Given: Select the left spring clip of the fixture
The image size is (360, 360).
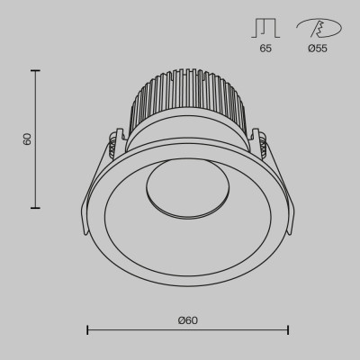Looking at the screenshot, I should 113,147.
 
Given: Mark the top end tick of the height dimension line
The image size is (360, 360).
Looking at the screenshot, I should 36,71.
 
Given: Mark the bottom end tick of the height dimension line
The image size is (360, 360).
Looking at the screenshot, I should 36,207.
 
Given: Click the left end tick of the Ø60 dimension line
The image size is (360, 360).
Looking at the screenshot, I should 87,331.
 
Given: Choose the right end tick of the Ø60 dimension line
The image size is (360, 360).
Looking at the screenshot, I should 287,331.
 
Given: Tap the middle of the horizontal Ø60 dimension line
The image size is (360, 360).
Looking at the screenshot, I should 187,331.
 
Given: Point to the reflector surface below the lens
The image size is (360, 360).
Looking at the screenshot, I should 187,247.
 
